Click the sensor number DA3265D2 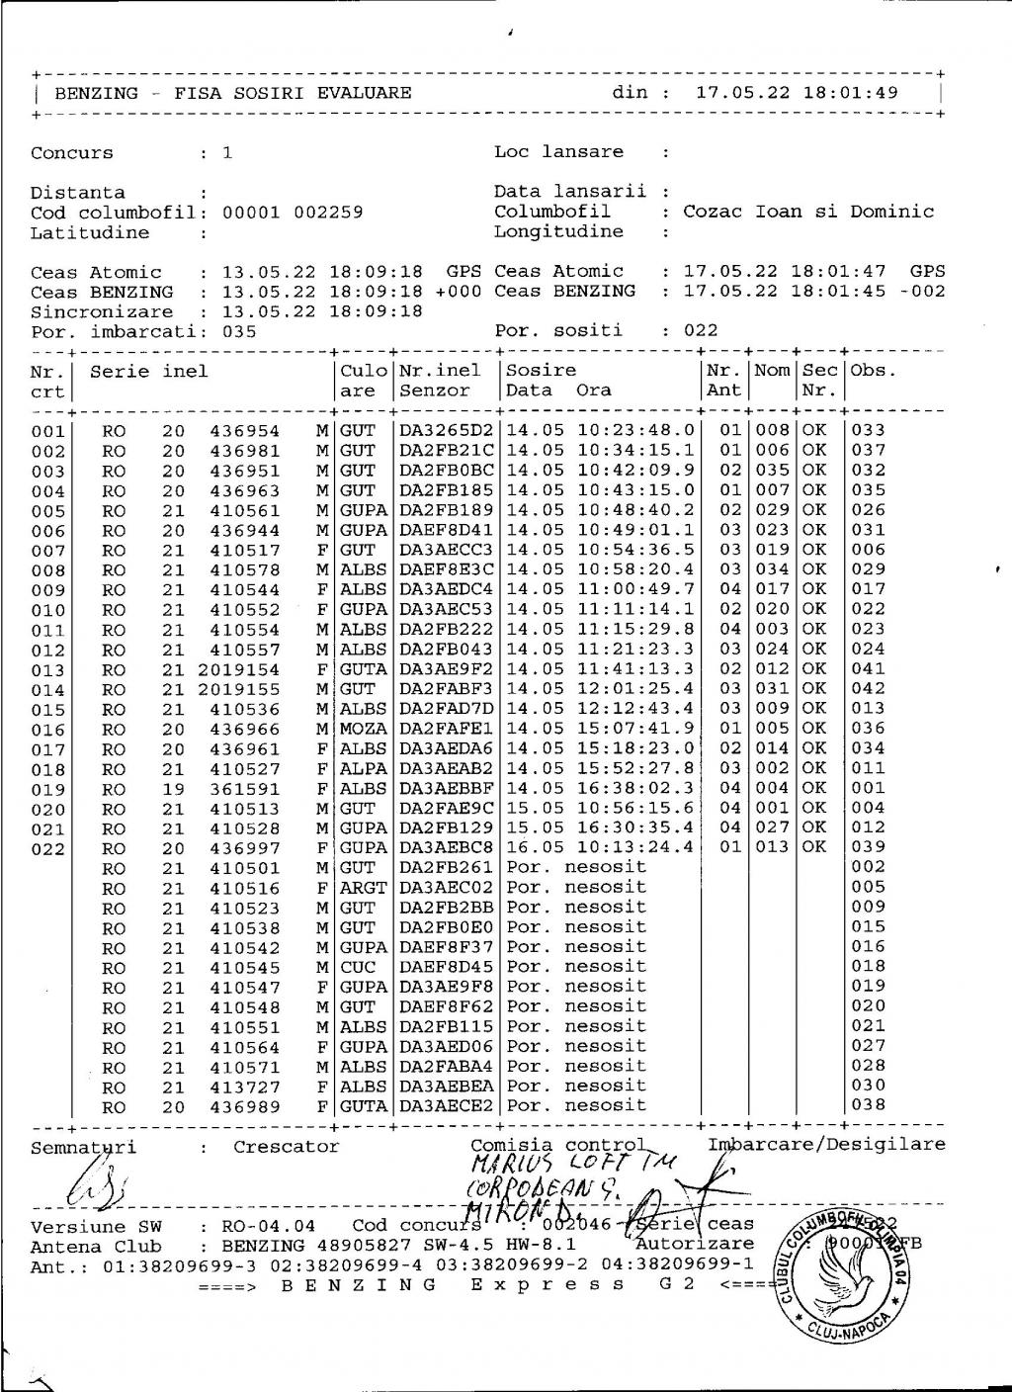click(x=446, y=431)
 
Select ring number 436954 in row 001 click(x=244, y=431)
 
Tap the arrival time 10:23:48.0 click(x=635, y=431)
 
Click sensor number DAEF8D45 click(x=446, y=968)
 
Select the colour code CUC click(x=358, y=968)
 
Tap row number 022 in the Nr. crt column click(x=47, y=849)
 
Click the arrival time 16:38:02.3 click(x=635, y=789)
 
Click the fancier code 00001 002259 click(x=293, y=213)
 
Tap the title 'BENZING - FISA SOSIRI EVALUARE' click(x=232, y=94)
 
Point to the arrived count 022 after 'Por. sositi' click(x=701, y=331)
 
